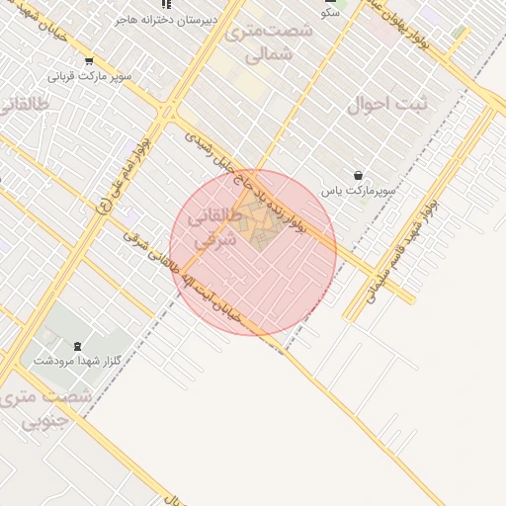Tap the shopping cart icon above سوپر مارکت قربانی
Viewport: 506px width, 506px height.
coord(90,61)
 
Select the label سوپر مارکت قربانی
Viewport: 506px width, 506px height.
coord(89,76)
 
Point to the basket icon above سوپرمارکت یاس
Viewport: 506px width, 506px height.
coord(358,175)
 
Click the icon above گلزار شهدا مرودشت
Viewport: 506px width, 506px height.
coord(78,345)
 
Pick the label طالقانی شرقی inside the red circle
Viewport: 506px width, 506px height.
coord(211,228)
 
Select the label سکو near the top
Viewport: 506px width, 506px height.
coord(331,13)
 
